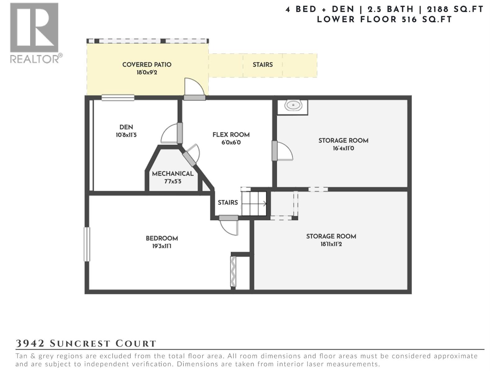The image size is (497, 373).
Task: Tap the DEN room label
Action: point(126,127)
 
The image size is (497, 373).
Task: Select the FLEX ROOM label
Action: point(231,135)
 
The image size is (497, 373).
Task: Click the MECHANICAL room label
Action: point(173,173)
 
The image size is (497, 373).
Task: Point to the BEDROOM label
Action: point(162,238)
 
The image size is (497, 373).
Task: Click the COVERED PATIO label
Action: point(147,65)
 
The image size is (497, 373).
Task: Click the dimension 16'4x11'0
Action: point(343,148)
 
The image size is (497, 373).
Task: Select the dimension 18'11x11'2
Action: point(331,244)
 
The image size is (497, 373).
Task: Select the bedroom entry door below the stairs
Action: point(229,224)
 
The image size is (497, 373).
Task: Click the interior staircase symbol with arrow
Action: point(254,204)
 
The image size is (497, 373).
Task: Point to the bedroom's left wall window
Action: point(87,244)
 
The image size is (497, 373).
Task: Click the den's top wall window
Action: point(118,98)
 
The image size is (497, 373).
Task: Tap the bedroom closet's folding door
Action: point(233,271)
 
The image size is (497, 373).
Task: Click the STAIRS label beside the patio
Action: point(262,65)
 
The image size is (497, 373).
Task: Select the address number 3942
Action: point(30,343)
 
